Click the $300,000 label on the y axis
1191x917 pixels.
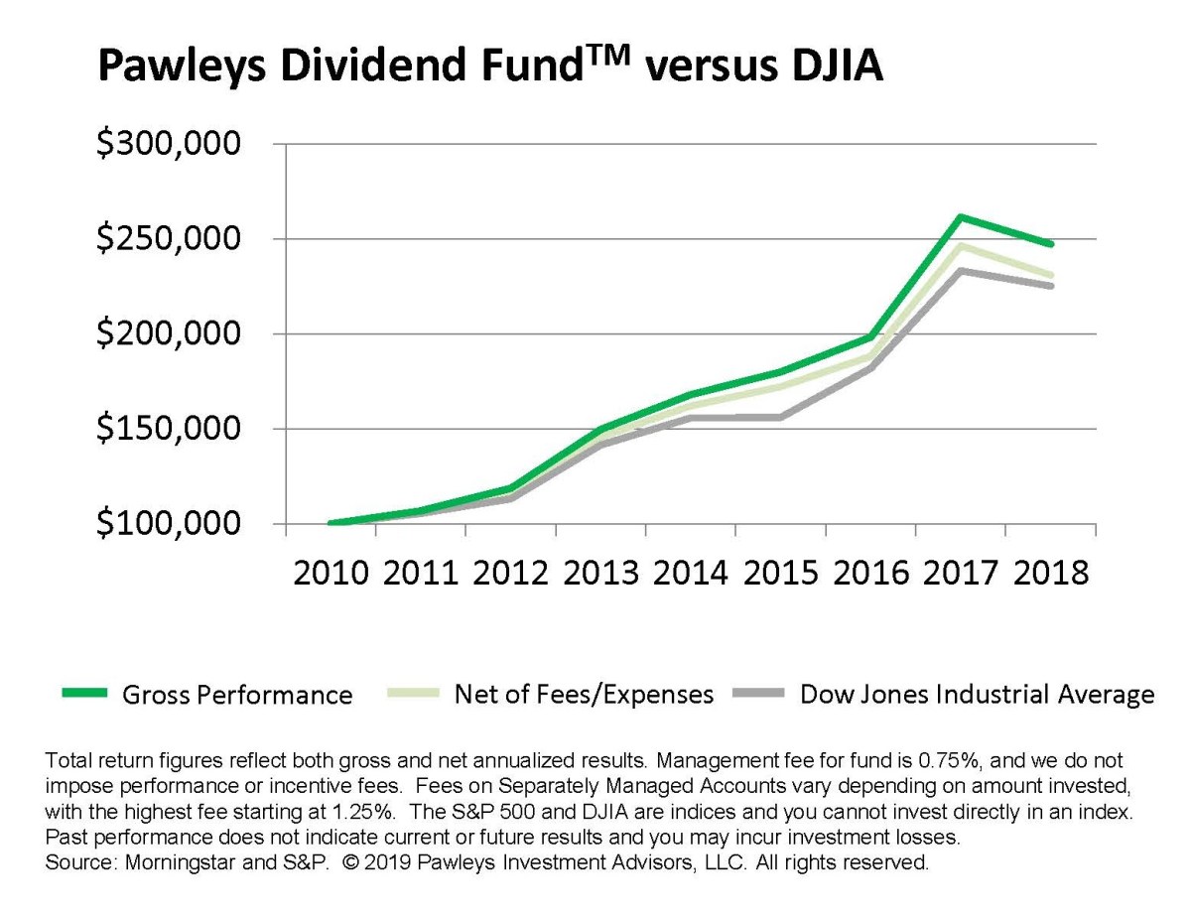[x=168, y=145]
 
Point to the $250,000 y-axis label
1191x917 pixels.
[x=168, y=240]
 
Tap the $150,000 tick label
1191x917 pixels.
[x=168, y=430]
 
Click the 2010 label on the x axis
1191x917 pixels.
[x=331, y=575]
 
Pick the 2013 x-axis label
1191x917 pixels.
[x=600, y=575]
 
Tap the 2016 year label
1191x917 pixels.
[x=870, y=575]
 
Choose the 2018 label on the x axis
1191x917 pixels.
[x=1051, y=575]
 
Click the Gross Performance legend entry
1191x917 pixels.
[x=236, y=695]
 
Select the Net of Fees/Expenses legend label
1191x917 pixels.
[x=584, y=694]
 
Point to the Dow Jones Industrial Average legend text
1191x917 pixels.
[x=977, y=694]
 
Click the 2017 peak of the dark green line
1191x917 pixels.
[x=960, y=216]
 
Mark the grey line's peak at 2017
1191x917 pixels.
[x=960, y=270]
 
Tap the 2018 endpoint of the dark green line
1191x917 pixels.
[x=1051, y=244]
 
